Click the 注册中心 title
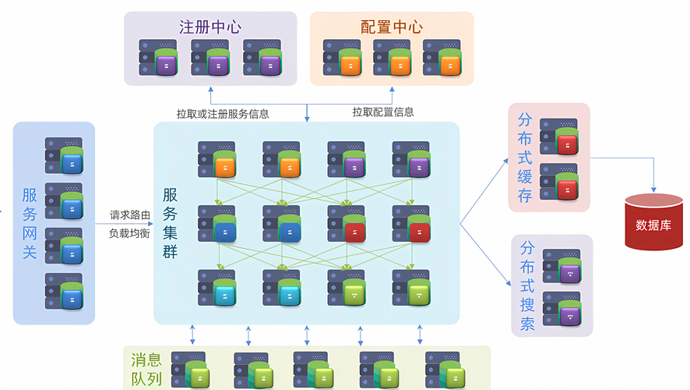pyautogui.click(x=210, y=27)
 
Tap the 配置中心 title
pyautogui.click(x=392, y=27)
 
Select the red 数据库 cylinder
pyautogui.click(x=653, y=222)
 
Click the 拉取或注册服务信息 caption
pyautogui.click(x=223, y=113)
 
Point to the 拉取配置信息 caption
pyautogui.click(x=383, y=112)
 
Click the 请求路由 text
pyautogui.click(x=129, y=214)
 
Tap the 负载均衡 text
pyautogui.click(x=129, y=233)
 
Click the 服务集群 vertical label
pyautogui.click(x=170, y=222)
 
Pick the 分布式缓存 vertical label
pyautogui.click(x=526, y=157)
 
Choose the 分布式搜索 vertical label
pyautogui.click(x=527, y=285)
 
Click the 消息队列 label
pyautogui.click(x=146, y=370)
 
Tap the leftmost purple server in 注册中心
pyautogui.click(x=158, y=58)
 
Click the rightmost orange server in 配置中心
pyautogui.click(x=442, y=58)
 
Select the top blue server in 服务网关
pyautogui.click(x=64, y=155)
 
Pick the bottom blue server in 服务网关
pyautogui.click(x=64, y=291)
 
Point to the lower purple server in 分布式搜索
pyautogui.click(x=562, y=309)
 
